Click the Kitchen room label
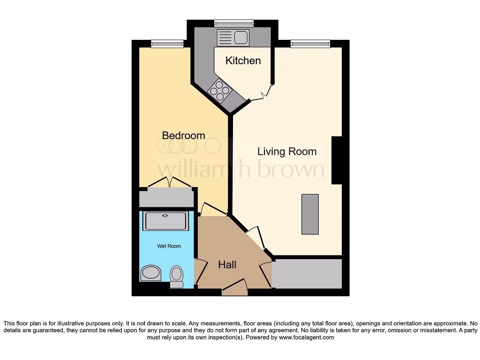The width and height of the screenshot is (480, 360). pos(243,60)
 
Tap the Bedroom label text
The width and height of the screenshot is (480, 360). pos(183,135)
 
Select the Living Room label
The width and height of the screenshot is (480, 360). pos(287,151)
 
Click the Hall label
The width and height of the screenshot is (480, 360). pos(227,265)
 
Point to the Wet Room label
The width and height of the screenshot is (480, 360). pos(169,246)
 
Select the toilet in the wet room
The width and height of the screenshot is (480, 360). pos(176,276)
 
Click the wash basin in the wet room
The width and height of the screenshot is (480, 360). pos(150,273)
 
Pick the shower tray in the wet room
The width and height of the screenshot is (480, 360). pos(166,221)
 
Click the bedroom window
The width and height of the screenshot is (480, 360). pos(167,44)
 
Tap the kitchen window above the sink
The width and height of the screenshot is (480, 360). pos(234,23)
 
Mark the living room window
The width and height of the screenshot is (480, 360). pos(310,44)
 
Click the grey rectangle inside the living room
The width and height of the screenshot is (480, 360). pos(310,214)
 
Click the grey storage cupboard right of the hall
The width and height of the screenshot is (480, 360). pos(307,274)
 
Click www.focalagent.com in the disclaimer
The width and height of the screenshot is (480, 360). pos(306,337)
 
